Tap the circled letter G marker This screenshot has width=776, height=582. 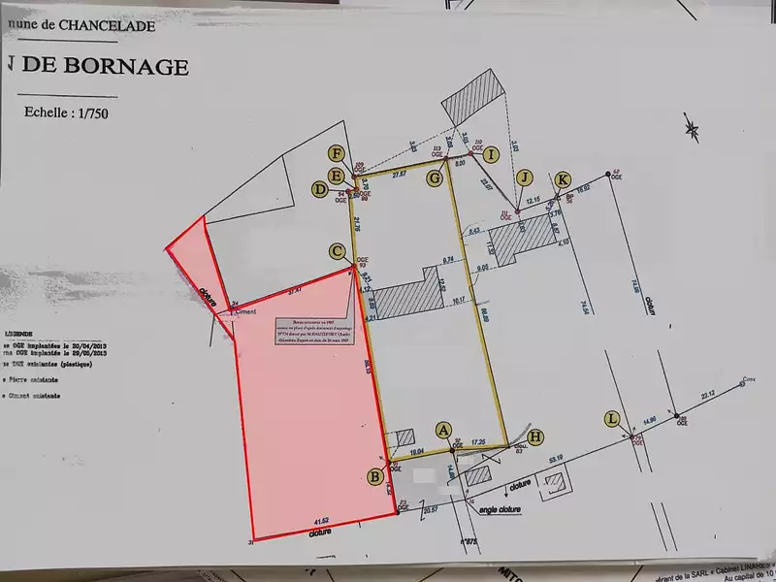click(x=435, y=178)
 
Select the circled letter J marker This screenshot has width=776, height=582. click(x=525, y=177)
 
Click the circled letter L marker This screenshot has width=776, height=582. click(x=611, y=418)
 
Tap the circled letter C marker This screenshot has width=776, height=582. click(x=337, y=251)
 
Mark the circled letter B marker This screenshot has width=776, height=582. click(x=374, y=475)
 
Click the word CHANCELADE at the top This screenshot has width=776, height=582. click(x=110, y=26)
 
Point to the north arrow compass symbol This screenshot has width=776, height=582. click(x=691, y=126)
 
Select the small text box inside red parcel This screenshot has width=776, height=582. click(x=315, y=333)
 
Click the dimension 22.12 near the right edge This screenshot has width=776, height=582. click(x=706, y=394)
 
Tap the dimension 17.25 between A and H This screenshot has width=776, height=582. click(x=478, y=441)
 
